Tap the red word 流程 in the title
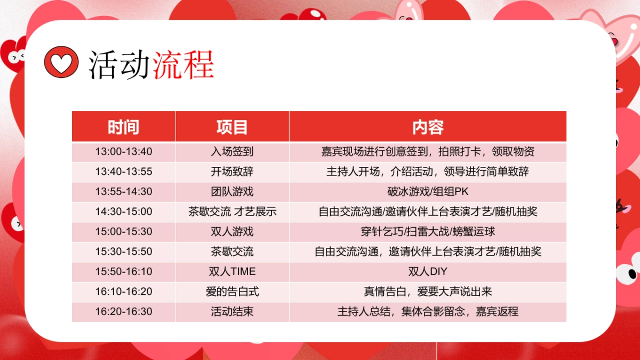click(183, 65)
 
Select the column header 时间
click(124, 127)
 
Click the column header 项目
click(232, 127)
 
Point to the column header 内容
click(428, 127)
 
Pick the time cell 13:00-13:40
click(124, 151)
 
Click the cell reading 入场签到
click(232, 151)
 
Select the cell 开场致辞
click(232, 172)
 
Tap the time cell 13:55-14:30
click(124, 191)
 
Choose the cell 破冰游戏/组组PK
click(428, 191)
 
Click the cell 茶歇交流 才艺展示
click(232, 212)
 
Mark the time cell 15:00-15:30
click(124, 231)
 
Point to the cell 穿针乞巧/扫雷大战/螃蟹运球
click(428, 231)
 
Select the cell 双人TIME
click(232, 271)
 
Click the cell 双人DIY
click(428, 271)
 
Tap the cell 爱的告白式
click(232, 292)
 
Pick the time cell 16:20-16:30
click(124, 311)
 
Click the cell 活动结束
click(232, 311)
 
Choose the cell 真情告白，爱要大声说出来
click(428, 292)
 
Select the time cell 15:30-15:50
click(124, 252)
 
